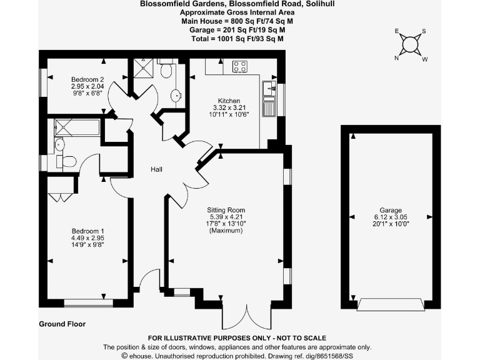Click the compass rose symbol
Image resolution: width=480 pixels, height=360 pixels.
tap(411, 44)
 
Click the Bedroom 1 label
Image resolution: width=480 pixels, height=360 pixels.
tap(87, 230)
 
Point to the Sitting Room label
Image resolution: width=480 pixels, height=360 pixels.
tap(226, 210)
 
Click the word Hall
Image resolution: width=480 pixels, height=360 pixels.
tap(157, 169)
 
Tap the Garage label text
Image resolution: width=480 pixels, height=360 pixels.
tap(391, 210)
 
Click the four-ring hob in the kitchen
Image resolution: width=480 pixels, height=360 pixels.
tap(239, 65)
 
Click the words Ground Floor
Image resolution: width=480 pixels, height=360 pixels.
tap(62, 324)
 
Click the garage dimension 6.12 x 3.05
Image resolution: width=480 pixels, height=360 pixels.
tap(391, 217)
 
